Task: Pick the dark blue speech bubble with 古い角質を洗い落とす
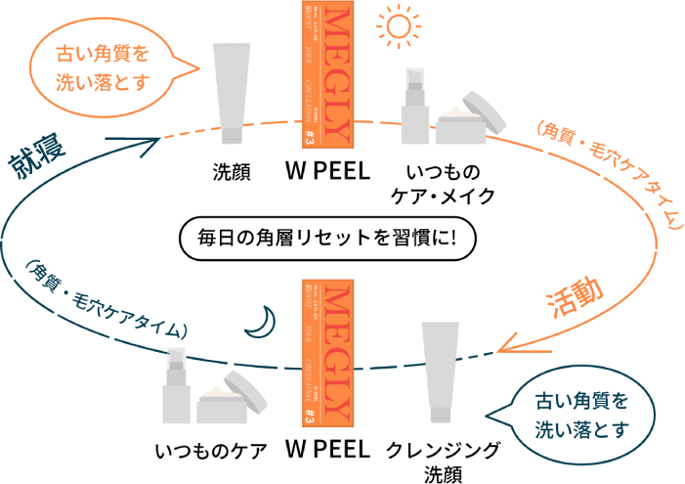click(579, 414)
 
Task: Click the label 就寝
click(34, 161)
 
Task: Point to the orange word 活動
click(574, 298)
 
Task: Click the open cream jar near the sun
click(474, 119)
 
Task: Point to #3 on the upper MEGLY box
click(309, 137)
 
